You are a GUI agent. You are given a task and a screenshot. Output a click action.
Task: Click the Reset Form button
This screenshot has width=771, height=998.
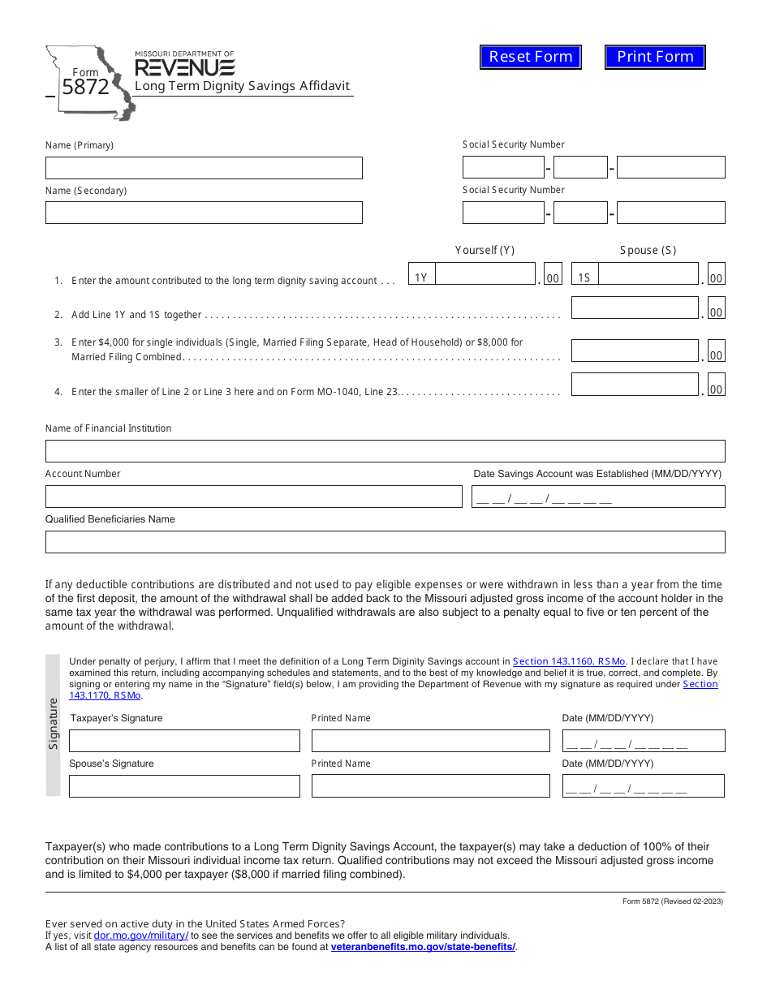(531, 57)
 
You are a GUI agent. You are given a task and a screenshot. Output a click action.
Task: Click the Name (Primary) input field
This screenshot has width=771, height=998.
(204, 168)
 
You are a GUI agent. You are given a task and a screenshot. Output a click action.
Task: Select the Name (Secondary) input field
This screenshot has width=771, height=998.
(204, 213)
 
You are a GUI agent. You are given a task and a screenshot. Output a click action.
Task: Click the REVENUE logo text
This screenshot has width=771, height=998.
(185, 67)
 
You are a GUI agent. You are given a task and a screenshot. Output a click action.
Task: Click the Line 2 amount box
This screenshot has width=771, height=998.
(635, 308)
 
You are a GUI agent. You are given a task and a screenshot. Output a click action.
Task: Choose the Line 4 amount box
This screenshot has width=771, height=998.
(635, 385)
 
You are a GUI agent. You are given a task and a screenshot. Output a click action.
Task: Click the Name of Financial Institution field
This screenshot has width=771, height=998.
(385, 451)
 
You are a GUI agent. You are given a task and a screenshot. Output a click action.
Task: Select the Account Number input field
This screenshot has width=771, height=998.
(253, 497)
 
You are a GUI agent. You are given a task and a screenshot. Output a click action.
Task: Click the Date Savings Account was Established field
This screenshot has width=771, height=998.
(598, 497)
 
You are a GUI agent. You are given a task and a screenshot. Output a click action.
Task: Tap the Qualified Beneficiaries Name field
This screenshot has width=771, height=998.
(385, 542)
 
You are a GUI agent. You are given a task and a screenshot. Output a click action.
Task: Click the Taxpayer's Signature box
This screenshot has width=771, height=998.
(184, 741)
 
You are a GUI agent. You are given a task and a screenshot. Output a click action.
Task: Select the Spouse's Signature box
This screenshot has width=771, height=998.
(184, 786)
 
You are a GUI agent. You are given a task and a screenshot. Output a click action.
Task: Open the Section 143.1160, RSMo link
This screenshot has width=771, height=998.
(569, 662)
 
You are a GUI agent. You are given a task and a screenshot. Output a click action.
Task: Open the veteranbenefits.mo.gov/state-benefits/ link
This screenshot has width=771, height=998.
(423, 947)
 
